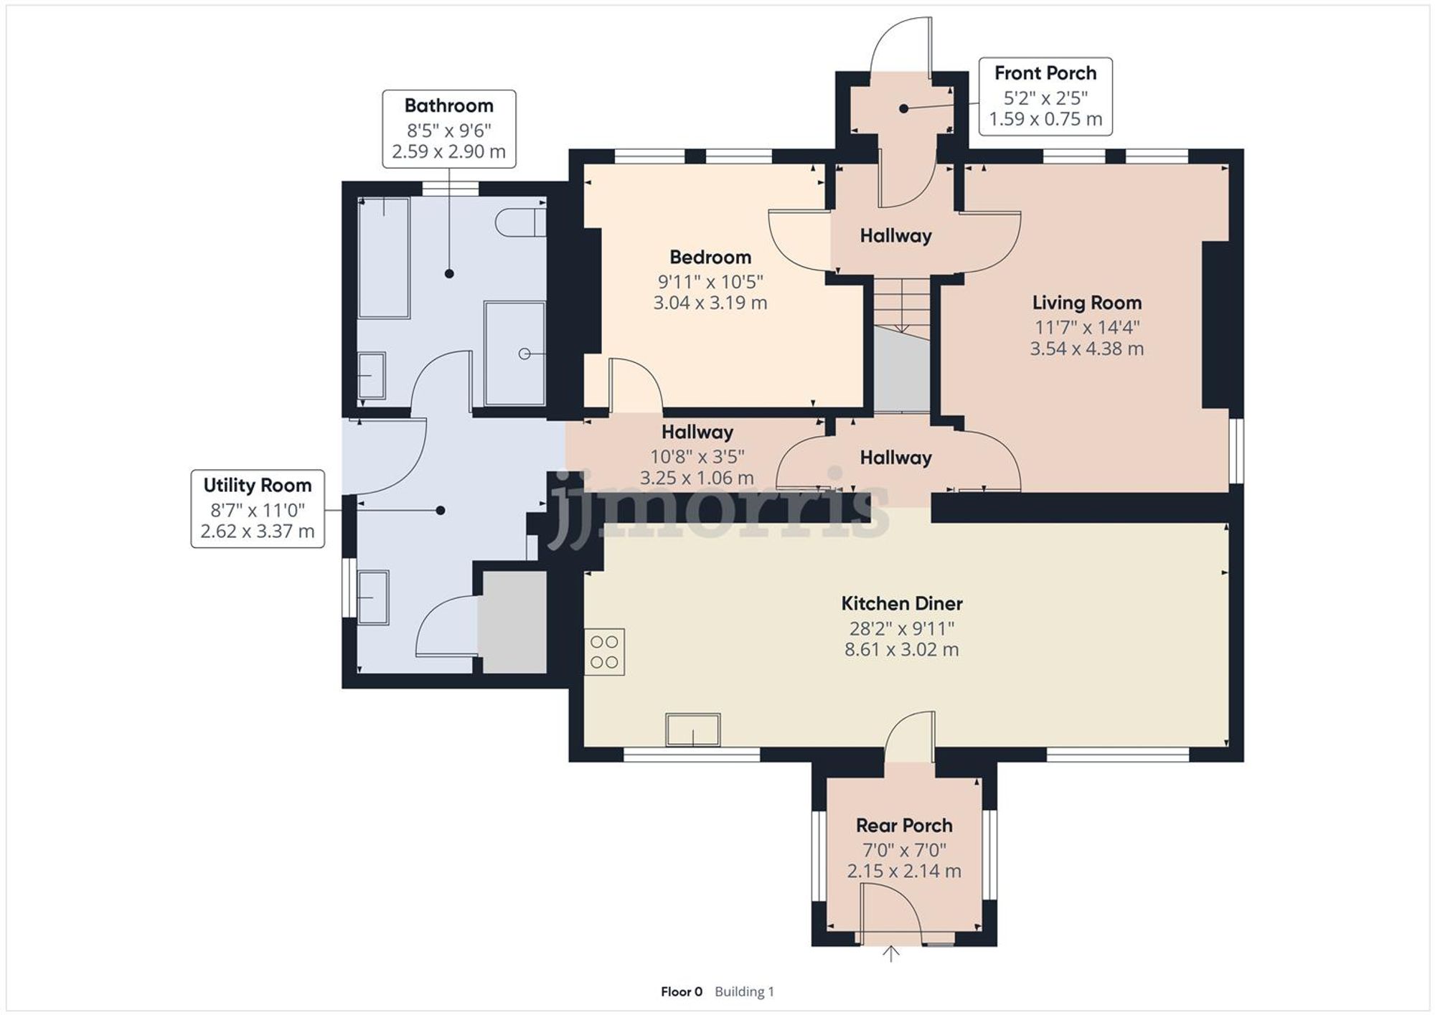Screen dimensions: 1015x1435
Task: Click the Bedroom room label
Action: [710, 257]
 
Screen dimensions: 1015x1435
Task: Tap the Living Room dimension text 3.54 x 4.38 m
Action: [1086, 349]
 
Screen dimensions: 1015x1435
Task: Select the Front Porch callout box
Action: [1045, 97]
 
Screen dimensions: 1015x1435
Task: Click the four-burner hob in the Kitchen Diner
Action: [604, 652]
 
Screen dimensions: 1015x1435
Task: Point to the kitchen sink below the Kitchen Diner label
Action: [692, 730]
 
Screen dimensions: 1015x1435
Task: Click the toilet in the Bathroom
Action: [519, 222]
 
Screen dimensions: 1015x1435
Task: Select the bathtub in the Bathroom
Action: [384, 258]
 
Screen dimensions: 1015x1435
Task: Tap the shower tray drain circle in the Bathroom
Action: [524, 354]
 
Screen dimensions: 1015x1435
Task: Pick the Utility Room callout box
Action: [258, 509]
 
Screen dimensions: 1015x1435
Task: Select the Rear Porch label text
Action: [904, 826]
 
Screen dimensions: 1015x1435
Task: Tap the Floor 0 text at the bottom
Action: [681, 992]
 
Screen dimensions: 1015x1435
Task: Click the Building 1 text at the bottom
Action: [744, 992]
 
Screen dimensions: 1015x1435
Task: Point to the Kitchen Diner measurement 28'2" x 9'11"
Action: [901, 628]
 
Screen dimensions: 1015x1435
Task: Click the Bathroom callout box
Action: [448, 129]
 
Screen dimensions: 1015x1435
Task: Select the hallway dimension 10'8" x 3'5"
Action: [697, 456]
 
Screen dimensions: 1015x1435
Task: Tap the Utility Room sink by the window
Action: [373, 597]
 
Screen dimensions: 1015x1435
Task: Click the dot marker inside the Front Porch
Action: [903, 109]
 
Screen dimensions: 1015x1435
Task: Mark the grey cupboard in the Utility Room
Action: [514, 621]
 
